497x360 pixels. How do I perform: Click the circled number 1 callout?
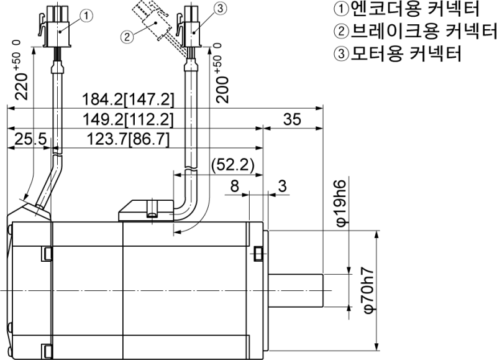tap(87, 13)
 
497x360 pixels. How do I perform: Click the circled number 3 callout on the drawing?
tap(219, 9)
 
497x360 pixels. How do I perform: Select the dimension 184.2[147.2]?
tap(129, 99)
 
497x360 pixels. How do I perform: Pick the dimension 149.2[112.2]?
tap(127, 119)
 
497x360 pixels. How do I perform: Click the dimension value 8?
tap(234, 185)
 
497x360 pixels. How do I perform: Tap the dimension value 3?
tap(282, 185)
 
